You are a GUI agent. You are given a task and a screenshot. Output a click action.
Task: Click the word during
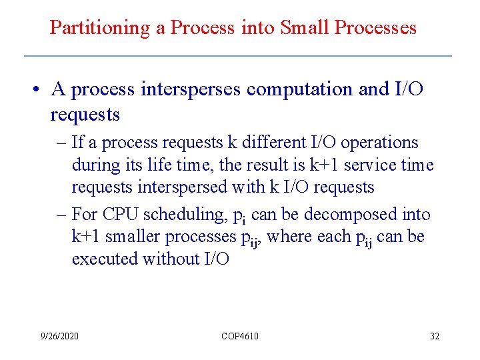point(94,165)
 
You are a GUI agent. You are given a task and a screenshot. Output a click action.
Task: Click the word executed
point(105,259)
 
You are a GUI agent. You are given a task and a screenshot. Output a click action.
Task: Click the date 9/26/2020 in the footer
point(59,336)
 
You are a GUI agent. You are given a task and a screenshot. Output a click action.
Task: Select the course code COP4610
point(239,336)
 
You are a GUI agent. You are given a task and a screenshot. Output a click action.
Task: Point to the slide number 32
point(434,336)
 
